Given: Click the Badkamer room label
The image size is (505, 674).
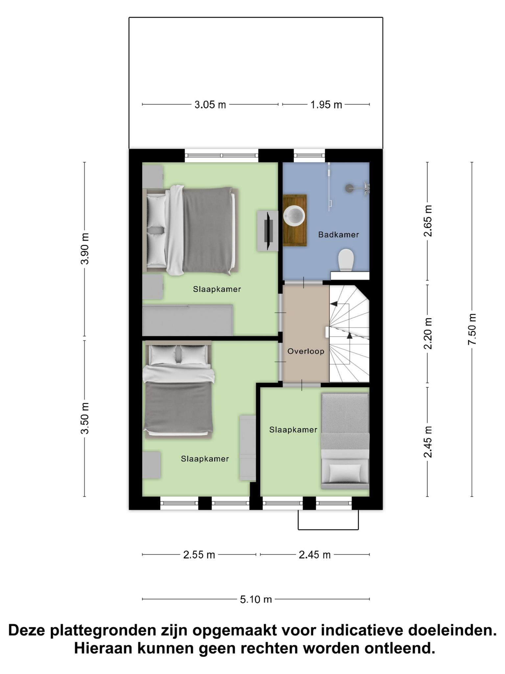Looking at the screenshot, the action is pyautogui.click(x=338, y=235).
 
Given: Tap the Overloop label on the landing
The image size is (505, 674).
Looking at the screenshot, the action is pyautogui.click(x=306, y=351).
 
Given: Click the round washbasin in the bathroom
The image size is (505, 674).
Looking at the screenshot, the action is pyautogui.click(x=295, y=216).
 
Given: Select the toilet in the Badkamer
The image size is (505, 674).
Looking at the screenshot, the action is pyautogui.click(x=346, y=260).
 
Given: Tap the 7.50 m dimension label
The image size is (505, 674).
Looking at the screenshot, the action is pyautogui.click(x=472, y=329).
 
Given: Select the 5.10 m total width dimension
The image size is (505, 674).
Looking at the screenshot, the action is pyautogui.click(x=256, y=599).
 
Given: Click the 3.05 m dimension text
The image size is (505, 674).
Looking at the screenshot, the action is pyautogui.click(x=210, y=105).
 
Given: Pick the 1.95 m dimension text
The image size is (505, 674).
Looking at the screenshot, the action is pyautogui.click(x=326, y=105).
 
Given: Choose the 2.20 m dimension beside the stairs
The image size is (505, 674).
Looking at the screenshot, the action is pyautogui.click(x=427, y=333).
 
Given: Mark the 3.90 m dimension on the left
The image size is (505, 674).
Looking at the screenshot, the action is pyautogui.click(x=85, y=249).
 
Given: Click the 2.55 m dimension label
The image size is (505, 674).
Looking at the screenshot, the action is pyautogui.click(x=199, y=555).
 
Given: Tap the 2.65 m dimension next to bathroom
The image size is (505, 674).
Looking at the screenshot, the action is pyautogui.click(x=427, y=221).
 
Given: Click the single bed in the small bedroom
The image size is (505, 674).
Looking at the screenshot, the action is pyautogui.click(x=345, y=441).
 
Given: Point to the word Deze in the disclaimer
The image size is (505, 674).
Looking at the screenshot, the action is pyautogui.click(x=27, y=631).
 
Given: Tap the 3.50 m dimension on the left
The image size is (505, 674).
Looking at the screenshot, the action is pyautogui.click(x=85, y=418).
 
